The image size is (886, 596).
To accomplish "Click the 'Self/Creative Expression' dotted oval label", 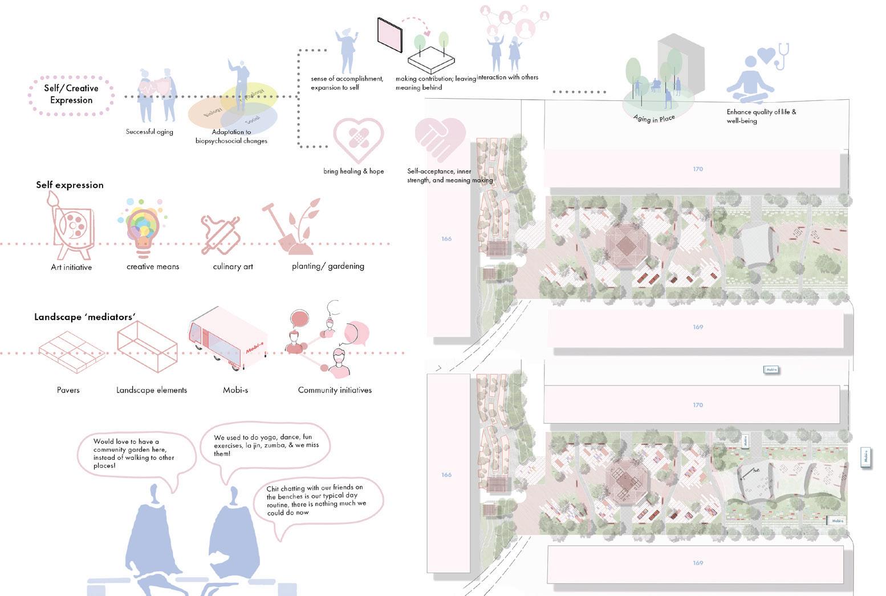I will tap(71, 94).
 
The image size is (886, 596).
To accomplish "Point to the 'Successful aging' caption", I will tap(149, 132).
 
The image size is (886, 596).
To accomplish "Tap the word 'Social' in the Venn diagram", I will tap(253, 120).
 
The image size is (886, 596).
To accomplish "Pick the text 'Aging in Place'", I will tap(654, 118).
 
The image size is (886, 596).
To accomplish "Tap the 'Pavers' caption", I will tap(68, 390).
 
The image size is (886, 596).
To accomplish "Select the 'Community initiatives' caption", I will tap(335, 390).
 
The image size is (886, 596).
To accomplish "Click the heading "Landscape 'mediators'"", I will tap(85, 317).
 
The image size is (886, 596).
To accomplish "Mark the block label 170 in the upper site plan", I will tap(698, 169).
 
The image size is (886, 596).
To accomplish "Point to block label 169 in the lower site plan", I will tap(698, 563).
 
